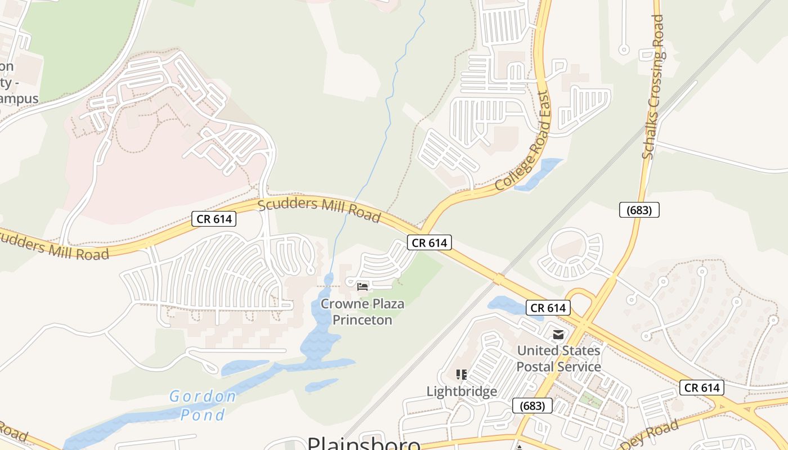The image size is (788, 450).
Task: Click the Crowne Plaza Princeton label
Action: (362, 312)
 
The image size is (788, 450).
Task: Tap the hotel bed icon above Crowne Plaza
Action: (362, 287)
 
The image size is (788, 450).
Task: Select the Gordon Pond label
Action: (203, 406)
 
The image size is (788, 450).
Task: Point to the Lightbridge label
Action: (462, 391)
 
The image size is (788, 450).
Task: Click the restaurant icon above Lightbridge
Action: (462, 375)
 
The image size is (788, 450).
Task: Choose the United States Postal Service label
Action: (558, 358)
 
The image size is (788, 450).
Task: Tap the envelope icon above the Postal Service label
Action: (558, 335)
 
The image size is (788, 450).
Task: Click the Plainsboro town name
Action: (364, 443)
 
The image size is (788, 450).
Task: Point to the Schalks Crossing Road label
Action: (653, 87)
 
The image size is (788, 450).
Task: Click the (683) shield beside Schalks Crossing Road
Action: (639, 210)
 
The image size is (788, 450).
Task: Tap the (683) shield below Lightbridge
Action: (532, 406)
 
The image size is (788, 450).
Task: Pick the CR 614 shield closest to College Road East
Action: (429, 243)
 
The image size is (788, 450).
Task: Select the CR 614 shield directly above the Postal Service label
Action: (548, 308)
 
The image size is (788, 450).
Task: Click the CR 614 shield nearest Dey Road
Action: (701, 388)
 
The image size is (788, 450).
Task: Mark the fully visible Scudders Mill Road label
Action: (319, 209)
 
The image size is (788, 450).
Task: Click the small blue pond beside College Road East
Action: (539, 174)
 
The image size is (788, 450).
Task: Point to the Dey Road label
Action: (653, 434)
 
